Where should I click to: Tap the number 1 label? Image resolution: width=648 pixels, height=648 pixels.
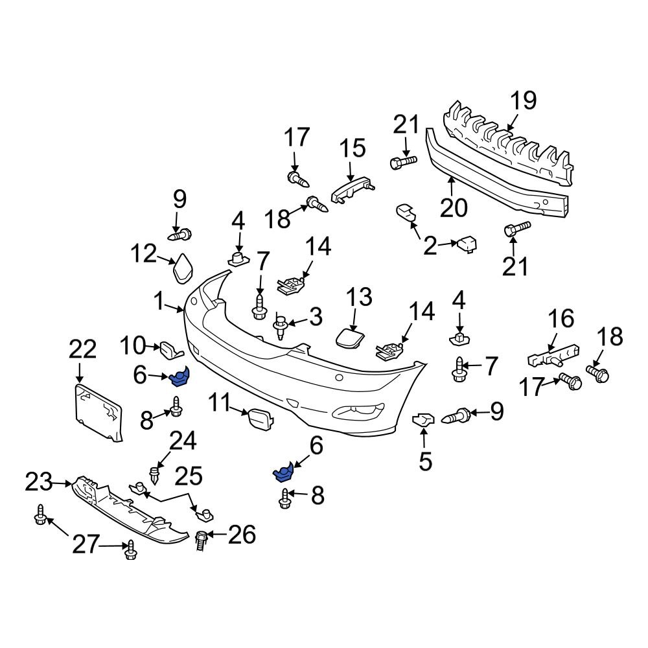click(159, 301)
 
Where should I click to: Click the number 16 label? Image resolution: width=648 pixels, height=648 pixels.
click(561, 318)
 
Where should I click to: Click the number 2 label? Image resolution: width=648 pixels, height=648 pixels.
click(430, 246)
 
